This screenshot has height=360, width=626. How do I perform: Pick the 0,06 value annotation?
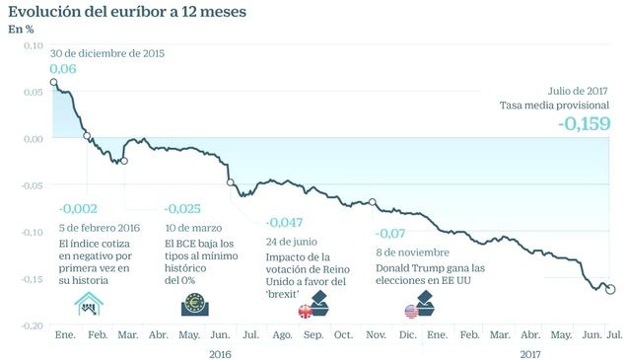(62, 68)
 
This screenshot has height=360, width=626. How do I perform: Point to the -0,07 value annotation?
(391, 234)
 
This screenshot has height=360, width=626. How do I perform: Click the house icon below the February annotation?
(90, 306)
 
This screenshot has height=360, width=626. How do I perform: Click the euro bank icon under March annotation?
(194, 306)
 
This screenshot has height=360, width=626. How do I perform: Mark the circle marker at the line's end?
(609, 289)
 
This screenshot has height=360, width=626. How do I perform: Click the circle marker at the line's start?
(53, 83)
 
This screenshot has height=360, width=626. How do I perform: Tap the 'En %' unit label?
(21, 30)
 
